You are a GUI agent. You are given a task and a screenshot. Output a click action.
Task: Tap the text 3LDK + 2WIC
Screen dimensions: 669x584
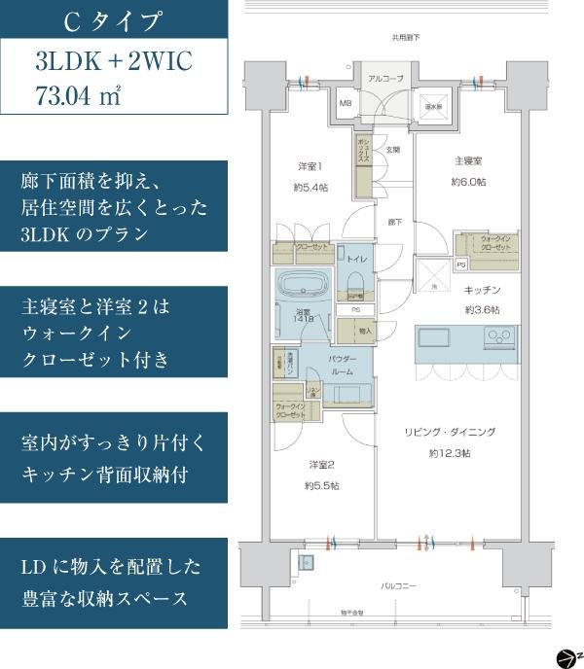pyautogui.click(x=113, y=62)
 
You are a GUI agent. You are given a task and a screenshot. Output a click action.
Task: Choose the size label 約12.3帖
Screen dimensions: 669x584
pyautogui.click(x=450, y=453)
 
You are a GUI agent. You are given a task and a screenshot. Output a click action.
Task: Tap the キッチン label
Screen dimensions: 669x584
pyautogui.click(x=481, y=290)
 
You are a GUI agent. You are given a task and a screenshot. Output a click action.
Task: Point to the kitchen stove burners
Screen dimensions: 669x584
pyautogui.click(x=501, y=339)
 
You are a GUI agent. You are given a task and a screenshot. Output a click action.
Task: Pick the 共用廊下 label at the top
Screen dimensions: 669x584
pyautogui.click(x=406, y=38)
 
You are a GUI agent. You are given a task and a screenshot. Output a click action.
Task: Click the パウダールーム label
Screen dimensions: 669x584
pyautogui.click(x=341, y=365)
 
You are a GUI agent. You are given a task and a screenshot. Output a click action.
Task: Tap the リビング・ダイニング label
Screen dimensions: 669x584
pyautogui.click(x=450, y=432)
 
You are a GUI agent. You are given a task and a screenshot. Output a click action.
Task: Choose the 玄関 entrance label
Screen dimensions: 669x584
pyautogui.click(x=393, y=150)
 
